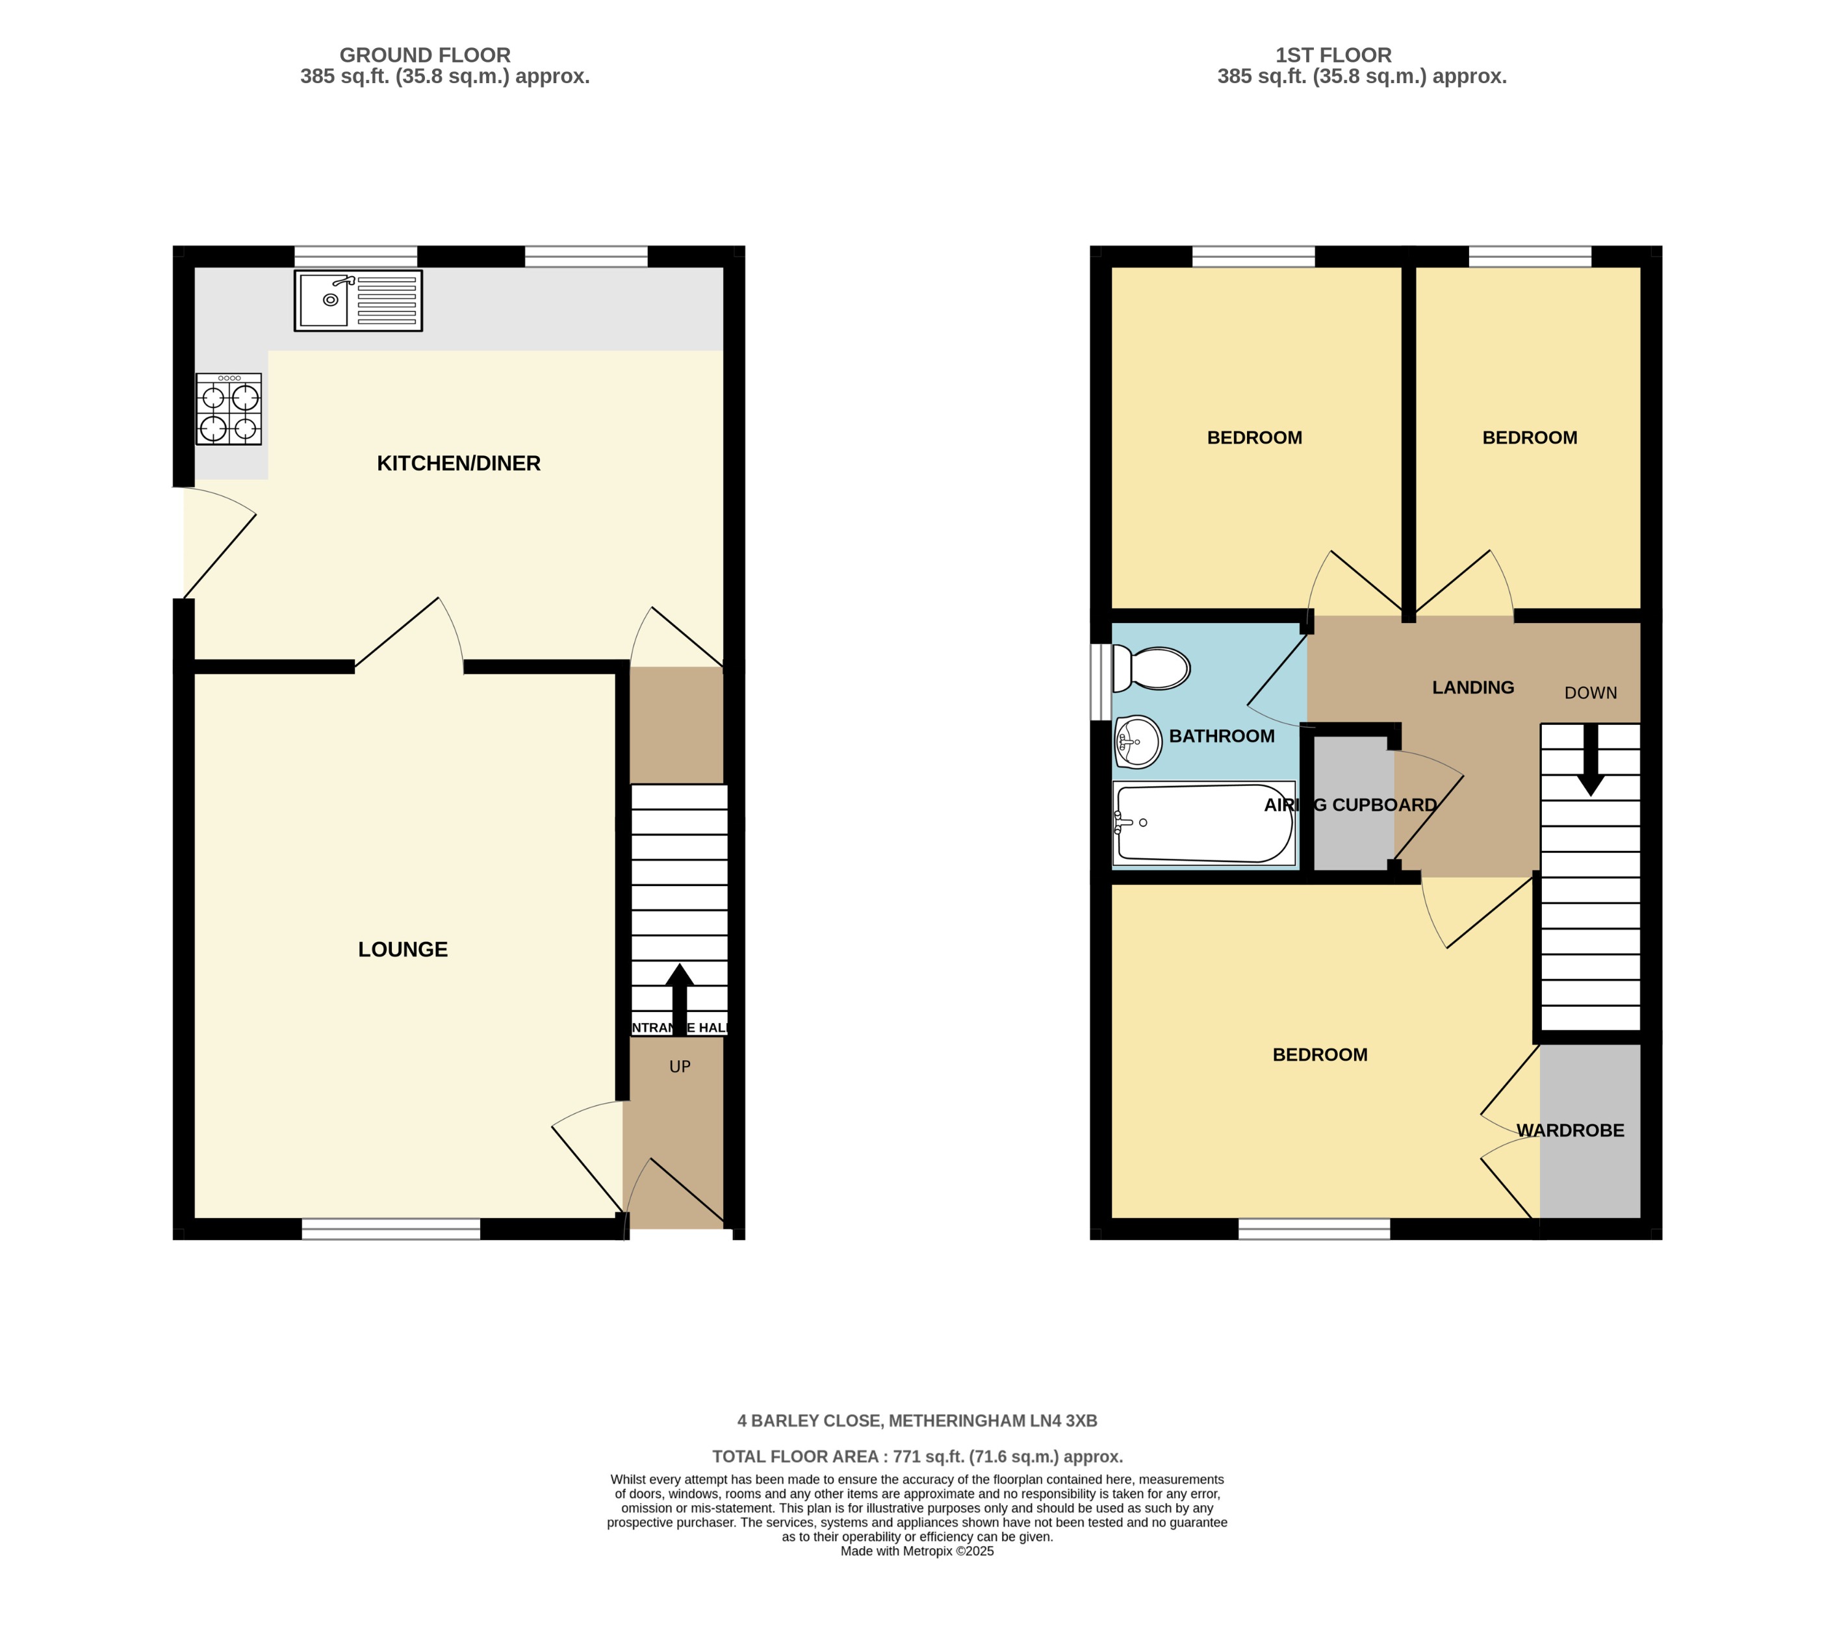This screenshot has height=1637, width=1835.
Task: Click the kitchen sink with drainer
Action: pos(358,300)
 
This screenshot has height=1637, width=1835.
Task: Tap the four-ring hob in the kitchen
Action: pos(229,409)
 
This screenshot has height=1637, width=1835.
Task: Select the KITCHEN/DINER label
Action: pos(458,463)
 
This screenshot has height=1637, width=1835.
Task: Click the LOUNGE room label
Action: pos(402,949)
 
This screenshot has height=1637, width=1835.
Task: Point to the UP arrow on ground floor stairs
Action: pos(679,998)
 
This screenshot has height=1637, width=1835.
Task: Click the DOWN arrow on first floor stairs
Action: pos(1590,760)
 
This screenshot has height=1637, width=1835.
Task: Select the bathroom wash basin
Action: pos(1138,742)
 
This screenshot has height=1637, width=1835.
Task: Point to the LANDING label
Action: pos(1472,687)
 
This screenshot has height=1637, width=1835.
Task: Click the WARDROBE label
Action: pos(1571,1130)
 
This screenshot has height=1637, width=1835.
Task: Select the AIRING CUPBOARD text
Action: pos(1350,805)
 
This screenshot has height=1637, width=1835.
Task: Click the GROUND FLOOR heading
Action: pos(424,55)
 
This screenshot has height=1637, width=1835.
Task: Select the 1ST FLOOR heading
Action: pos(1333,55)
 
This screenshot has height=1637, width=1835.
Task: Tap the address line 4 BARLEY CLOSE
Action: pos(917,1421)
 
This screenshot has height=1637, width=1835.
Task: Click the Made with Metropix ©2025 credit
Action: pos(917,1551)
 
